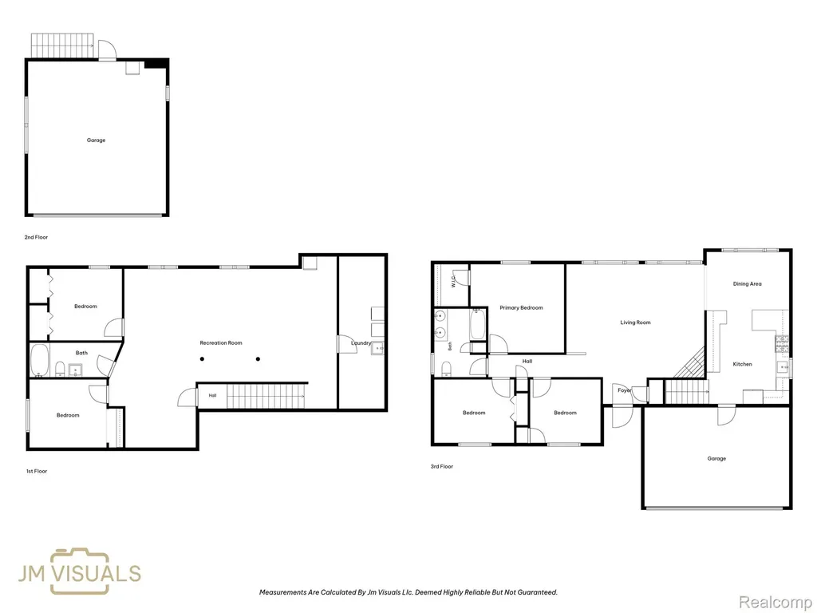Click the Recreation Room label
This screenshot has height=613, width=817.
pyautogui.click(x=221, y=343)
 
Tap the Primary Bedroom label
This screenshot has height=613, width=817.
pyautogui.click(x=521, y=308)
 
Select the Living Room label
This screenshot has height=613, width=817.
pyautogui.click(x=635, y=322)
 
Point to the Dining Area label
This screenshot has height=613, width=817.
pyautogui.click(x=747, y=284)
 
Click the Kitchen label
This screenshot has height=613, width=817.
pyautogui.click(x=743, y=364)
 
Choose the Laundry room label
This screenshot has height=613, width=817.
pyautogui.click(x=361, y=343)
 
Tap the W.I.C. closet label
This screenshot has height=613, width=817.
pyautogui.click(x=453, y=282)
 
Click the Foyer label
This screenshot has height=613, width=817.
pyautogui.click(x=624, y=390)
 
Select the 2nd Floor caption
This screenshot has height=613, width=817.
pyautogui.click(x=36, y=237)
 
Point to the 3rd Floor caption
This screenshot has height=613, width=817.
pyautogui.click(x=442, y=466)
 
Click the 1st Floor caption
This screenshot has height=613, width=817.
pyautogui.click(x=37, y=471)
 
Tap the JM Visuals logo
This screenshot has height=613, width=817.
pyautogui.click(x=79, y=571)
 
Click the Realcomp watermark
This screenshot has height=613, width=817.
pyautogui.click(x=775, y=602)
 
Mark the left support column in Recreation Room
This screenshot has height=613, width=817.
pyautogui.click(x=202, y=359)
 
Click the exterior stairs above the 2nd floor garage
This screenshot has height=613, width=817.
pyautogui.click(x=62, y=45)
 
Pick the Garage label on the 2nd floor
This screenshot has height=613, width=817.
pyautogui.click(x=96, y=140)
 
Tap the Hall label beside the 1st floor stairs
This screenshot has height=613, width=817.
pyautogui.click(x=212, y=396)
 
